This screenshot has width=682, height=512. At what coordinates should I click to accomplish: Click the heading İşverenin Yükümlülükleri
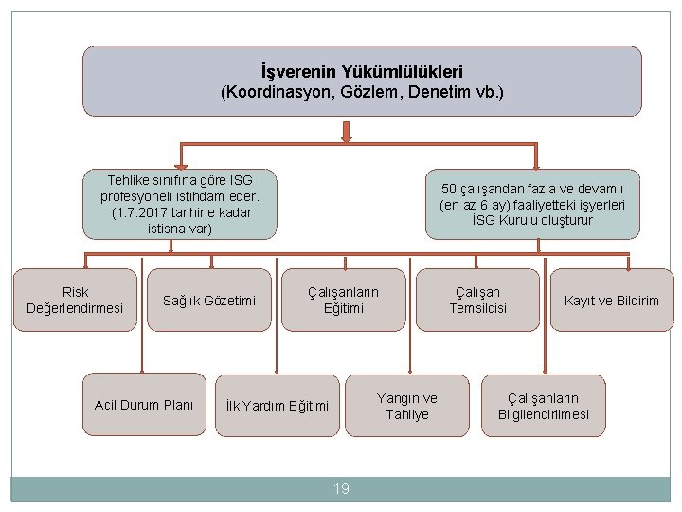pyautogui.click(x=362, y=71)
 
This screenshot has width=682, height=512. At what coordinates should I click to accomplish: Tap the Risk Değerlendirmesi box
pyautogui.click(x=75, y=301)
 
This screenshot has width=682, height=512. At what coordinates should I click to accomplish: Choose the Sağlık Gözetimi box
pyautogui.click(x=209, y=302)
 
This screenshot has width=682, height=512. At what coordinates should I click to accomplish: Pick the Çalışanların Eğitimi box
pyautogui.click(x=343, y=301)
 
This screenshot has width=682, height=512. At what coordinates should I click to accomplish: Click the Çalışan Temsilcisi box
pyautogui.click(x=477, y=301)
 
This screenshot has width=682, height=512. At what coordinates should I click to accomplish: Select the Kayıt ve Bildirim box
pyautogui.click(x=611, y=302)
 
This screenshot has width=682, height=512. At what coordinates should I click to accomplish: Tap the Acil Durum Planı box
pyautogui.click(x=144, y=406)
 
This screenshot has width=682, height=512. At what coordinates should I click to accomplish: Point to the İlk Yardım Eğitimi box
pyautogui.click(x=277, y=407)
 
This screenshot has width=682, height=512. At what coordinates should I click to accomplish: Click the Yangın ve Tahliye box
pyautogui.click(x=407, y=406)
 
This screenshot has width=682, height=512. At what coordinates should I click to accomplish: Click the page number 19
pyautogui.click(x=341, y=489)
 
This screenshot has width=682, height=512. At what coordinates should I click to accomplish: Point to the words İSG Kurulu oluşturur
pyautogui.click(x=532, y=220)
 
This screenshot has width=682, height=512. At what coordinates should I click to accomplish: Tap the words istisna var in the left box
pyautogui.click(x=180, y=229)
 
